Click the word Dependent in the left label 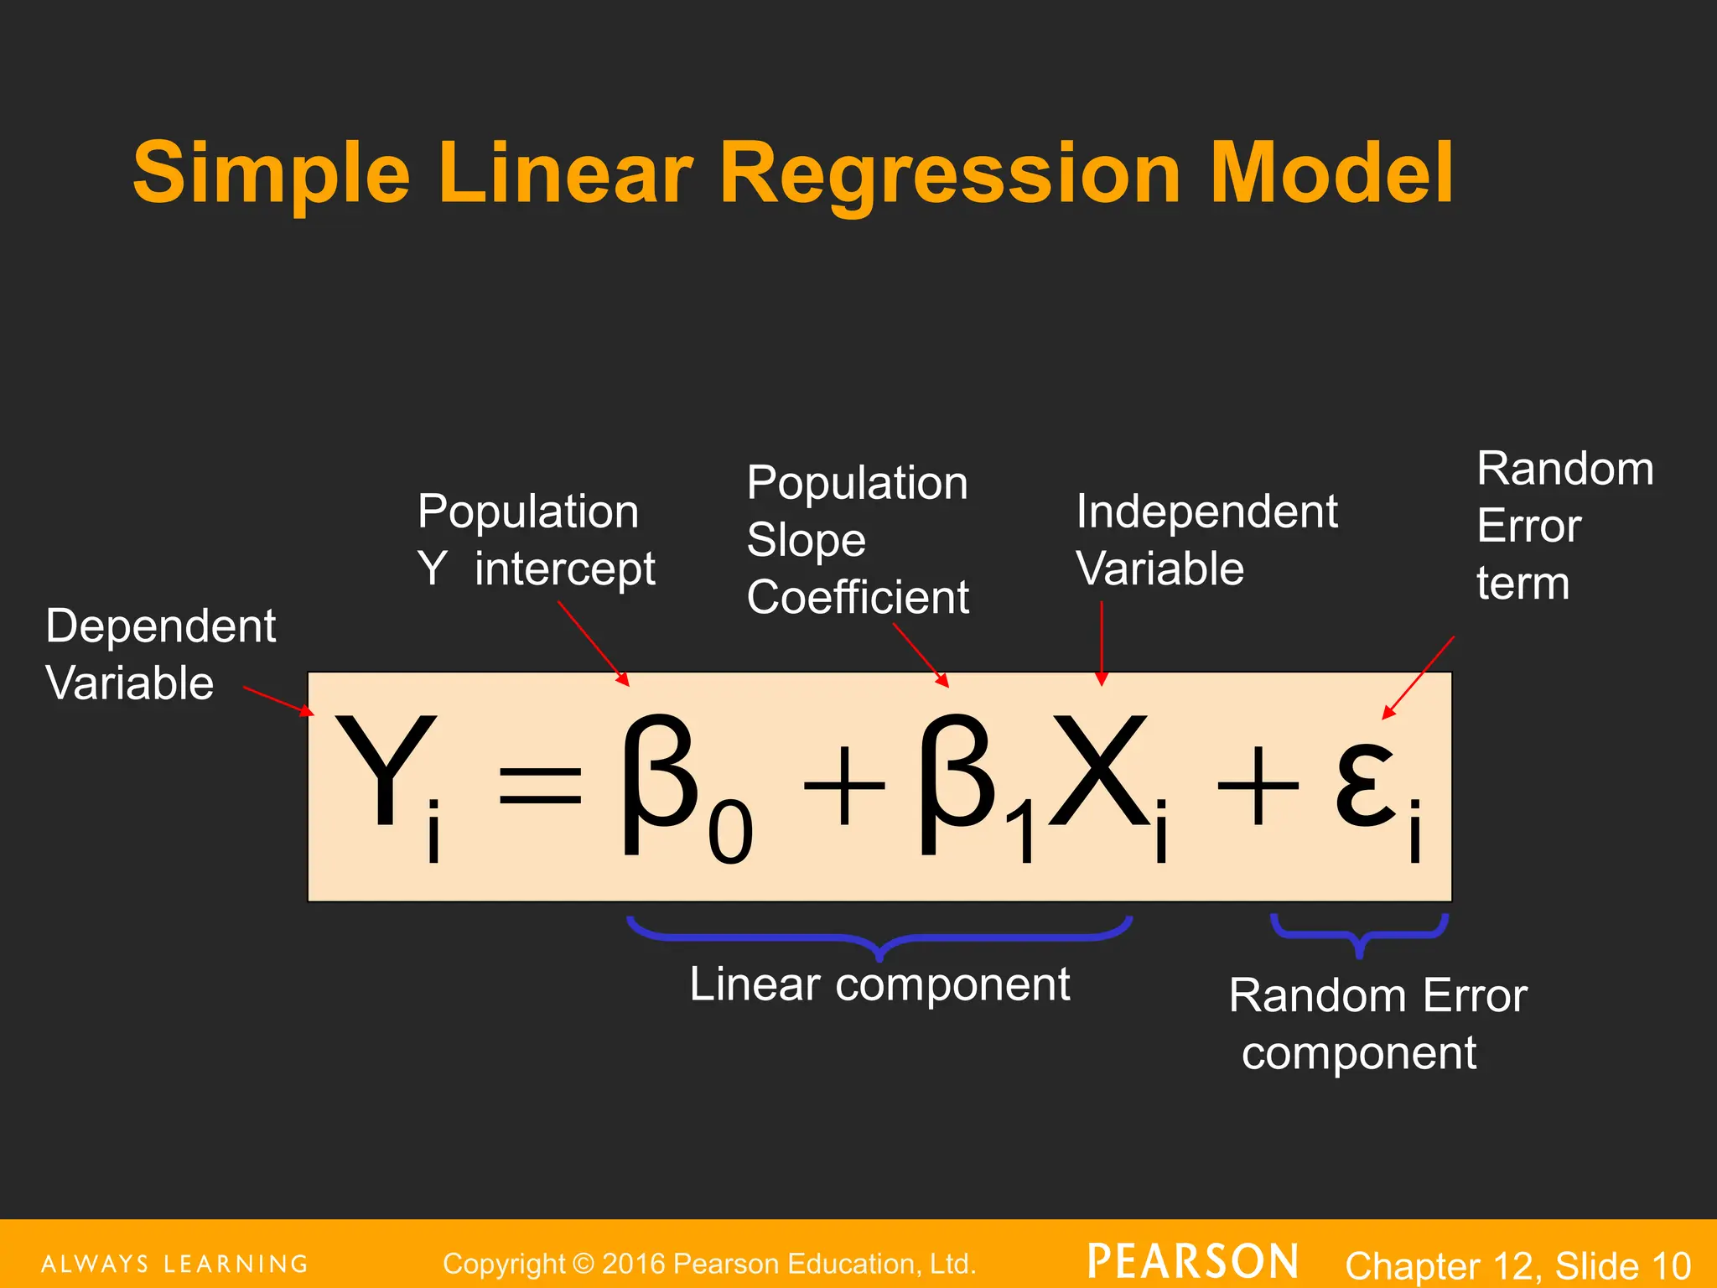pyautogui.click(x=161, y=626)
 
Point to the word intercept pyautogui.click(x=564, y=569)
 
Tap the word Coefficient pyautogui.click(x=858, y=597)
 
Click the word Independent pyautogui.click(x=1206, y=512)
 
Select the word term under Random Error pyautogui.click(x=1522, y=584)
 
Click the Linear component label pyautogui.click(x=879, y=984)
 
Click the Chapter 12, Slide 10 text pyautogui.click(x=1517, y=1265)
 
